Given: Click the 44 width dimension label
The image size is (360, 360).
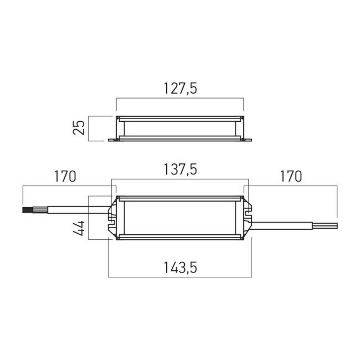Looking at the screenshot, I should click(79, 228).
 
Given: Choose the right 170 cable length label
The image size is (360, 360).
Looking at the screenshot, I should click(291, 177).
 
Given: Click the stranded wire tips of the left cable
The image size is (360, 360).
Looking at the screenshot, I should click(27, 210).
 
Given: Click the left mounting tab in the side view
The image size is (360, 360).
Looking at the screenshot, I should click(113, 140).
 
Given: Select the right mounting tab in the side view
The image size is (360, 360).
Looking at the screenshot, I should click(247, 140).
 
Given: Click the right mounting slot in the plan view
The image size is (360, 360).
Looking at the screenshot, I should click(248, 216).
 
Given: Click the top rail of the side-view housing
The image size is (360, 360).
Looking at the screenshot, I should click(180, 118).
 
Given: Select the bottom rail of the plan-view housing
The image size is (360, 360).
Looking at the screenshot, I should click(180, 237).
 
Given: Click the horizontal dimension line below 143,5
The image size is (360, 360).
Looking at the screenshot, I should click(180, 277).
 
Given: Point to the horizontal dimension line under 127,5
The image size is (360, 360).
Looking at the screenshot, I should click(180, 98).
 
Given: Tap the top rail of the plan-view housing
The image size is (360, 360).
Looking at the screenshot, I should click(180, 198).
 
